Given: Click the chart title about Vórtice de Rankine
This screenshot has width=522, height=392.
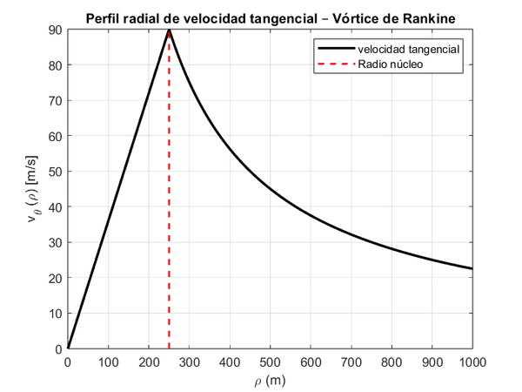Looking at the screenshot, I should pos(270,18).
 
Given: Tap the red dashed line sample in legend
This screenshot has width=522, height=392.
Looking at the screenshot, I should pos(335,64).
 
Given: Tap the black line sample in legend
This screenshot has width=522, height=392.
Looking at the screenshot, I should pos(335,50).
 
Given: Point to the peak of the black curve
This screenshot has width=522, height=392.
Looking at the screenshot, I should pos(169,30).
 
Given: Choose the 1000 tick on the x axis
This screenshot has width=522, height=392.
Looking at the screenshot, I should pos(472,360).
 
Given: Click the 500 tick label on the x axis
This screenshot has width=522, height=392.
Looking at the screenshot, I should pos(270,360).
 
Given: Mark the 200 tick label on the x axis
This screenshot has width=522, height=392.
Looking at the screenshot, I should pos(149,360).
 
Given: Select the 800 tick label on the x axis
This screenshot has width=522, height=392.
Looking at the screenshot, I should pos(391,360).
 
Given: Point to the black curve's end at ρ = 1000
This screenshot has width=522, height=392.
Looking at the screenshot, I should pos(472,269).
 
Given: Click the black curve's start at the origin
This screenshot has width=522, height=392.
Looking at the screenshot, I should pos(68,348).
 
